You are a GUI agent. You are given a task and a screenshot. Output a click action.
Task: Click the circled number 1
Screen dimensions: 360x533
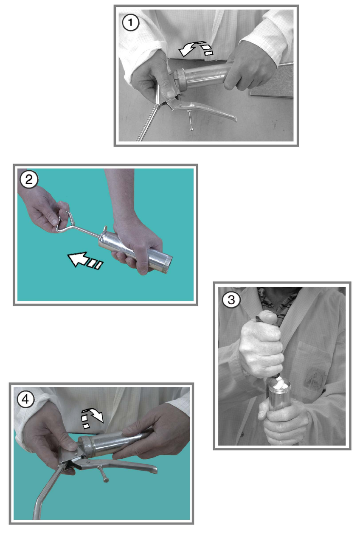(130, 22)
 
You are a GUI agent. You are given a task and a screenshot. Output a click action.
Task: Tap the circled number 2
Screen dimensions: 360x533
(29, 180)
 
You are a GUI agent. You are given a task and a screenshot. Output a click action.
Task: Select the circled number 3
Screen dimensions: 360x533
(231, 300)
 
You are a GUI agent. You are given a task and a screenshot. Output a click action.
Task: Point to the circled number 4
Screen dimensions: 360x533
(25, 399)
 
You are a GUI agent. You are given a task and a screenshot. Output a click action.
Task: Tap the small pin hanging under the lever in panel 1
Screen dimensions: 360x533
(191, 120)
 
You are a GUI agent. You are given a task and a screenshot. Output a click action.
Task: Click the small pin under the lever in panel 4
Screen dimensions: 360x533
(104, 474)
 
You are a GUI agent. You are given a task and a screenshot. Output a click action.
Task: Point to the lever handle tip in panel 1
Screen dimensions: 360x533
(234, 118)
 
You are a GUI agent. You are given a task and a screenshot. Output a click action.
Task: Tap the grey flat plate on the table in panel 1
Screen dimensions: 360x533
(271, 80)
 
